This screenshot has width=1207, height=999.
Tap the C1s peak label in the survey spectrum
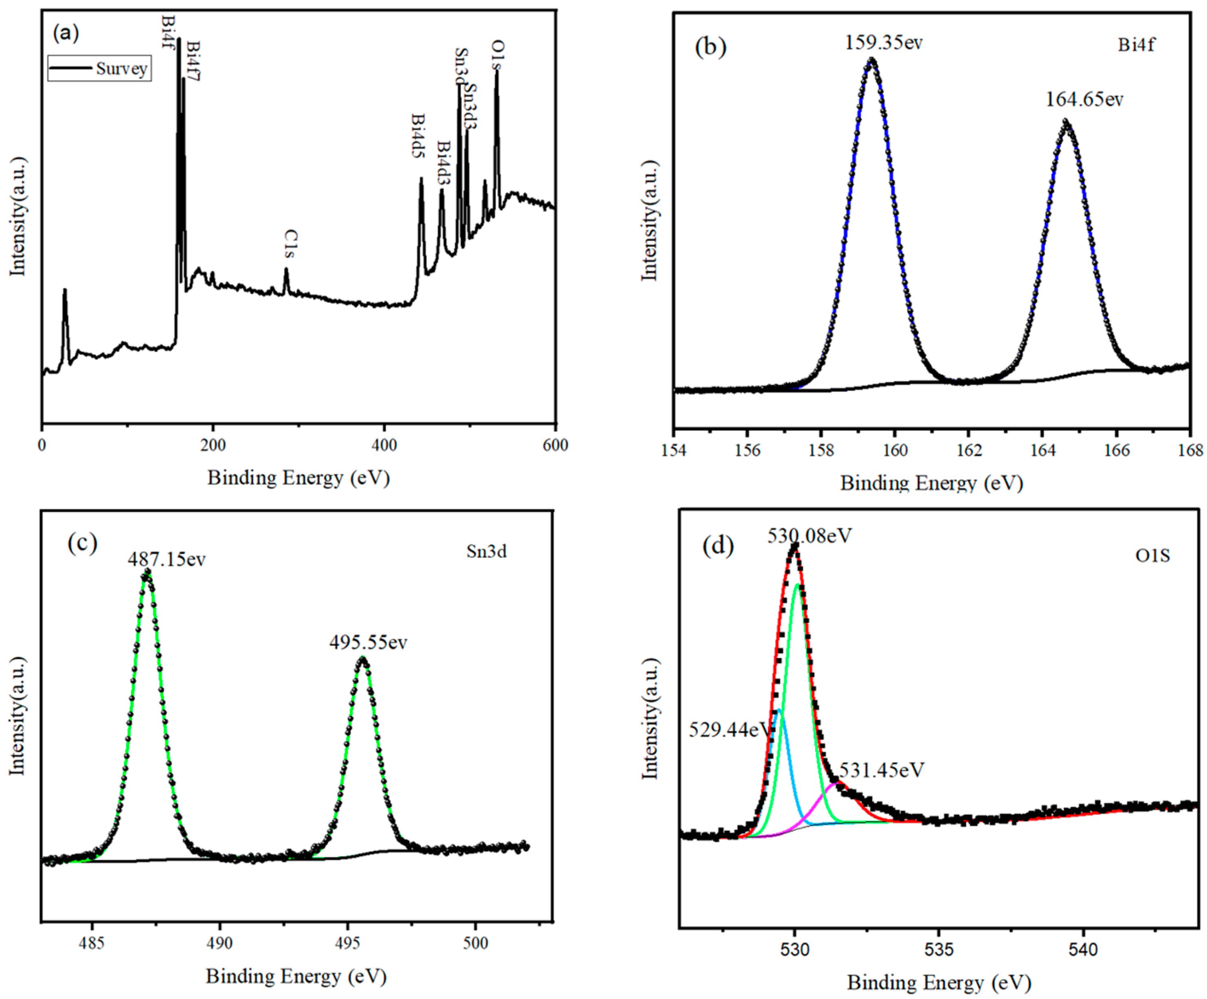pyautogui.click(x=292, y=244)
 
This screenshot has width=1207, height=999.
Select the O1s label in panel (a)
pyautogui.click(x=497, y=55)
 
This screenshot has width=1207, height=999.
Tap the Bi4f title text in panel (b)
pyautogui.click(x=1136, y=45)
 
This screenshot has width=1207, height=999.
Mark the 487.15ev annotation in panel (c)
pyautogui.click(x=166, y=559)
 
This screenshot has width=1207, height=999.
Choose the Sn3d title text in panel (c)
pyautogui.click(x=486, y=552)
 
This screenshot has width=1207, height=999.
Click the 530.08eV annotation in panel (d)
pyautogui.click(x=809, y=536)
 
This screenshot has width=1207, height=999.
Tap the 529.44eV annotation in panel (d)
pyautogui.click(x=729, y=730)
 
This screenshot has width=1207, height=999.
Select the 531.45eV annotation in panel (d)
pyautogui.click(x=881, y=770)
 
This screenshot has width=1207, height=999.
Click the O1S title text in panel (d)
pyautogui.click(x=1152, y=556)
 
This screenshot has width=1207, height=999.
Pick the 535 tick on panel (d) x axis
pyautogui.click(x=939, y=949)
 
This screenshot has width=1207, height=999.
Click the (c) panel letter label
pyautogui.click(x=82, y=542)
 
